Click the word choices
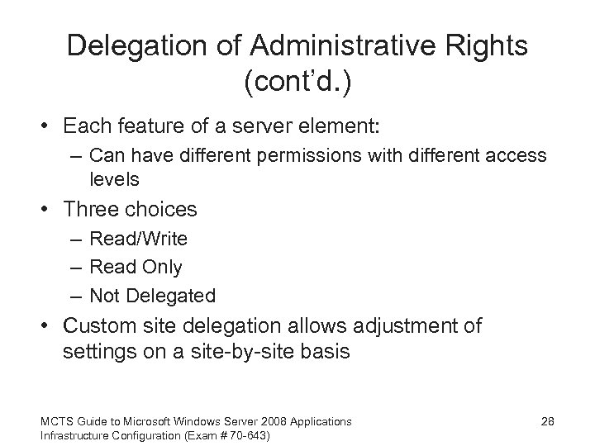164,211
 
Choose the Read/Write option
138,240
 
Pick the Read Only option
136,268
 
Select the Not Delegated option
152,296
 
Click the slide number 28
546,422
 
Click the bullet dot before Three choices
51,211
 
